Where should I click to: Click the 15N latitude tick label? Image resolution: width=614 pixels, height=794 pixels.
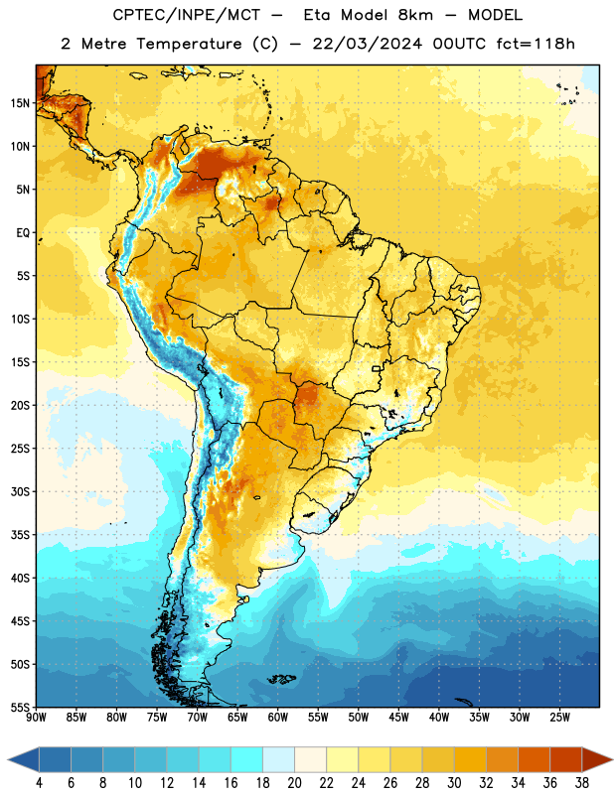click(x=20, y=103)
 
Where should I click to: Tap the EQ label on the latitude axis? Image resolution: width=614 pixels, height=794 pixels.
click(x=23, y=233)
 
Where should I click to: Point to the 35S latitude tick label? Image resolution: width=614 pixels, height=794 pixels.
click(x=20, y=535)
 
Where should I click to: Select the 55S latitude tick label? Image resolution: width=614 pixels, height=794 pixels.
click(x=20, y=707)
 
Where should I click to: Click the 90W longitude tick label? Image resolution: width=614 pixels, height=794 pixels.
click(x=36, y=718)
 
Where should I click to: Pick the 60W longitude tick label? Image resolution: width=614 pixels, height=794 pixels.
click(x=278, y=718)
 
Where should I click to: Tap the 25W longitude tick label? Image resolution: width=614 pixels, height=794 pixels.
click(x=559, y=718)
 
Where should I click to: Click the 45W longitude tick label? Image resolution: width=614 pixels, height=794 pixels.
click(x=399, y=718)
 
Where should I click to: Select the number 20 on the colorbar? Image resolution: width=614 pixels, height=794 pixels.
click(x=294, y=783)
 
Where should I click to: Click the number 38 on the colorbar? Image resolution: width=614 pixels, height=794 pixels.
click(x=581, y=783)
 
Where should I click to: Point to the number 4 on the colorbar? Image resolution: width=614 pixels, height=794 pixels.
click(x=39, y=783)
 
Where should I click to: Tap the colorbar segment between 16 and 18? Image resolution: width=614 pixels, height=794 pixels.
click(x=247, y=759)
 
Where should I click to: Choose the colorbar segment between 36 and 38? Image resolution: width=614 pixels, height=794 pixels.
click(x=566, y=759)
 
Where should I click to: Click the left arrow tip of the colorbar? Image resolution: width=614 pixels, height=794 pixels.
click(x=8, y=759)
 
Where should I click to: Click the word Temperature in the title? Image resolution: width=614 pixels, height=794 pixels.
click(x=189, y=44)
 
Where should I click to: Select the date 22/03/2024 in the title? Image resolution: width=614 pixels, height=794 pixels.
click(x=368, y=44)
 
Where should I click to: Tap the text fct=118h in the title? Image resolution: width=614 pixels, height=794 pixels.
click(x=536, y=44)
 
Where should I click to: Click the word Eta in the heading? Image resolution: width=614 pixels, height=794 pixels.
click(x=317, y=15)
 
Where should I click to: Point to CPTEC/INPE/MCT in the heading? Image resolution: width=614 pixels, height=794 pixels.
click(x=187, y=15)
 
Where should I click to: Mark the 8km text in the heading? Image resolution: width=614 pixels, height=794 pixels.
click(x=415, y=15)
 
